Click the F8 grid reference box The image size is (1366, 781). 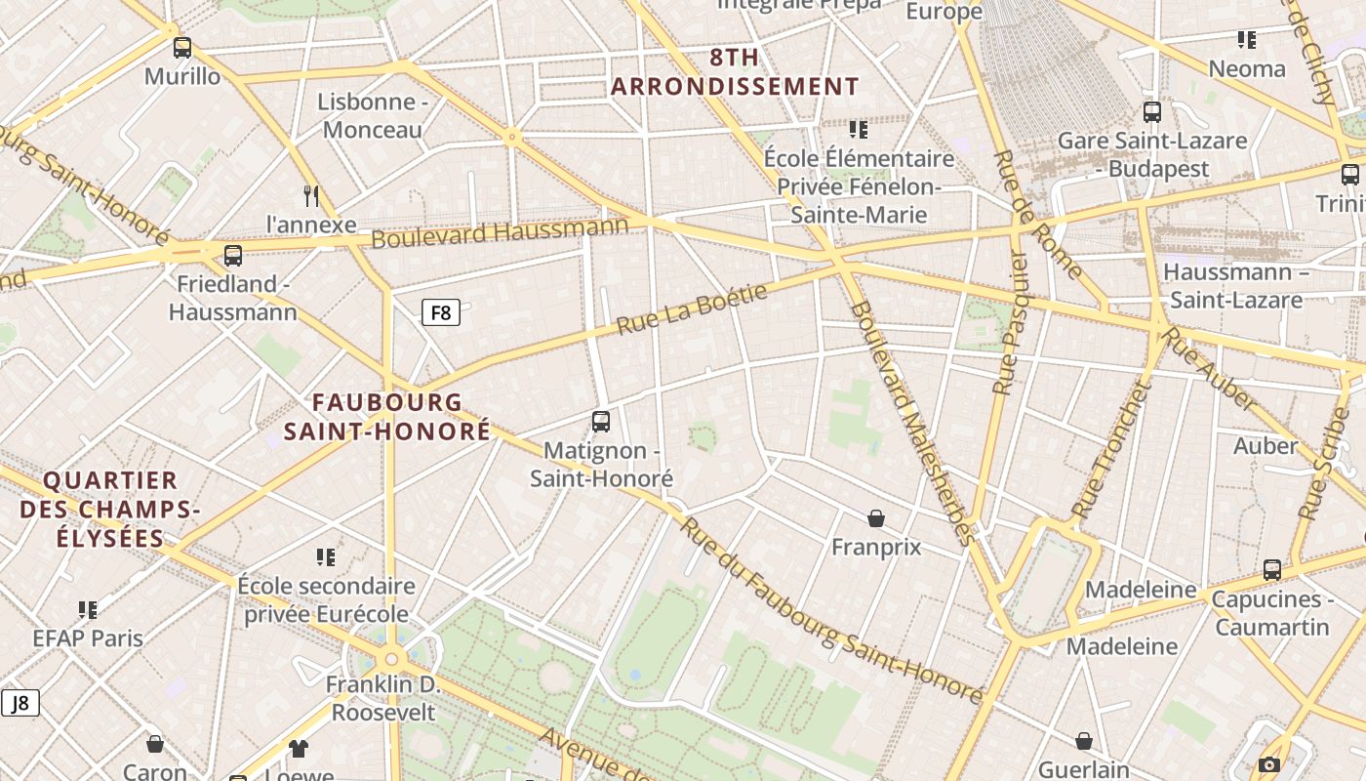pos(440,312)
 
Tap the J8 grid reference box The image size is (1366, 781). pos(20,703)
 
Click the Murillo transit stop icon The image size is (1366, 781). pos(182,47)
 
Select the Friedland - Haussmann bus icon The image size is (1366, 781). pos(232,256)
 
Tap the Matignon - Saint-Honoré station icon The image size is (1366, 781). pos(601,422)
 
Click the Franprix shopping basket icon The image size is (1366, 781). pos(876,518)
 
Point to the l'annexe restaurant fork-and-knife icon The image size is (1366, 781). pos(311,195)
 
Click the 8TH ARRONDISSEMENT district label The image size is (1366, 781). pos(735,71)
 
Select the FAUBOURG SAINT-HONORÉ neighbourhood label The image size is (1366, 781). pos(386,416)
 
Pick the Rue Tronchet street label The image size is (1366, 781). pos(1110,451)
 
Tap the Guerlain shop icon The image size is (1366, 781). pos(1083,742)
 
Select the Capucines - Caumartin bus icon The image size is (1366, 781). pos(1272,570)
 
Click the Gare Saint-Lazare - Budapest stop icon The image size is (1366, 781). pos(1152,112)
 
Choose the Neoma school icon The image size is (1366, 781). pos(1246,40)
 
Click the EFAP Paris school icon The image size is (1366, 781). pos(88,610)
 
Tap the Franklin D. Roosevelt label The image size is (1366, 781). pos(383,698)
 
